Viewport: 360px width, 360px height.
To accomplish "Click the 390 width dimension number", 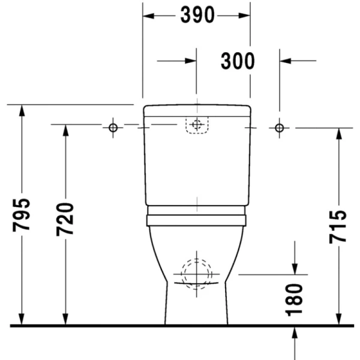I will [197, 16].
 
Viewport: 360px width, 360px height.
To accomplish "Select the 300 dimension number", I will [238, 61].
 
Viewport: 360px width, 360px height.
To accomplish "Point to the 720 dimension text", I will [65, 220].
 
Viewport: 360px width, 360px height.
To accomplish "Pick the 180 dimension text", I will [295, 299].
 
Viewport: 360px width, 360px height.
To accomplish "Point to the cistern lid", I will [196, 110].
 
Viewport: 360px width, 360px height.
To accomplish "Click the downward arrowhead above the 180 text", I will [295, 268].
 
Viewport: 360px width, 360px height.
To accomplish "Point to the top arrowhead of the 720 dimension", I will [65, 131].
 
